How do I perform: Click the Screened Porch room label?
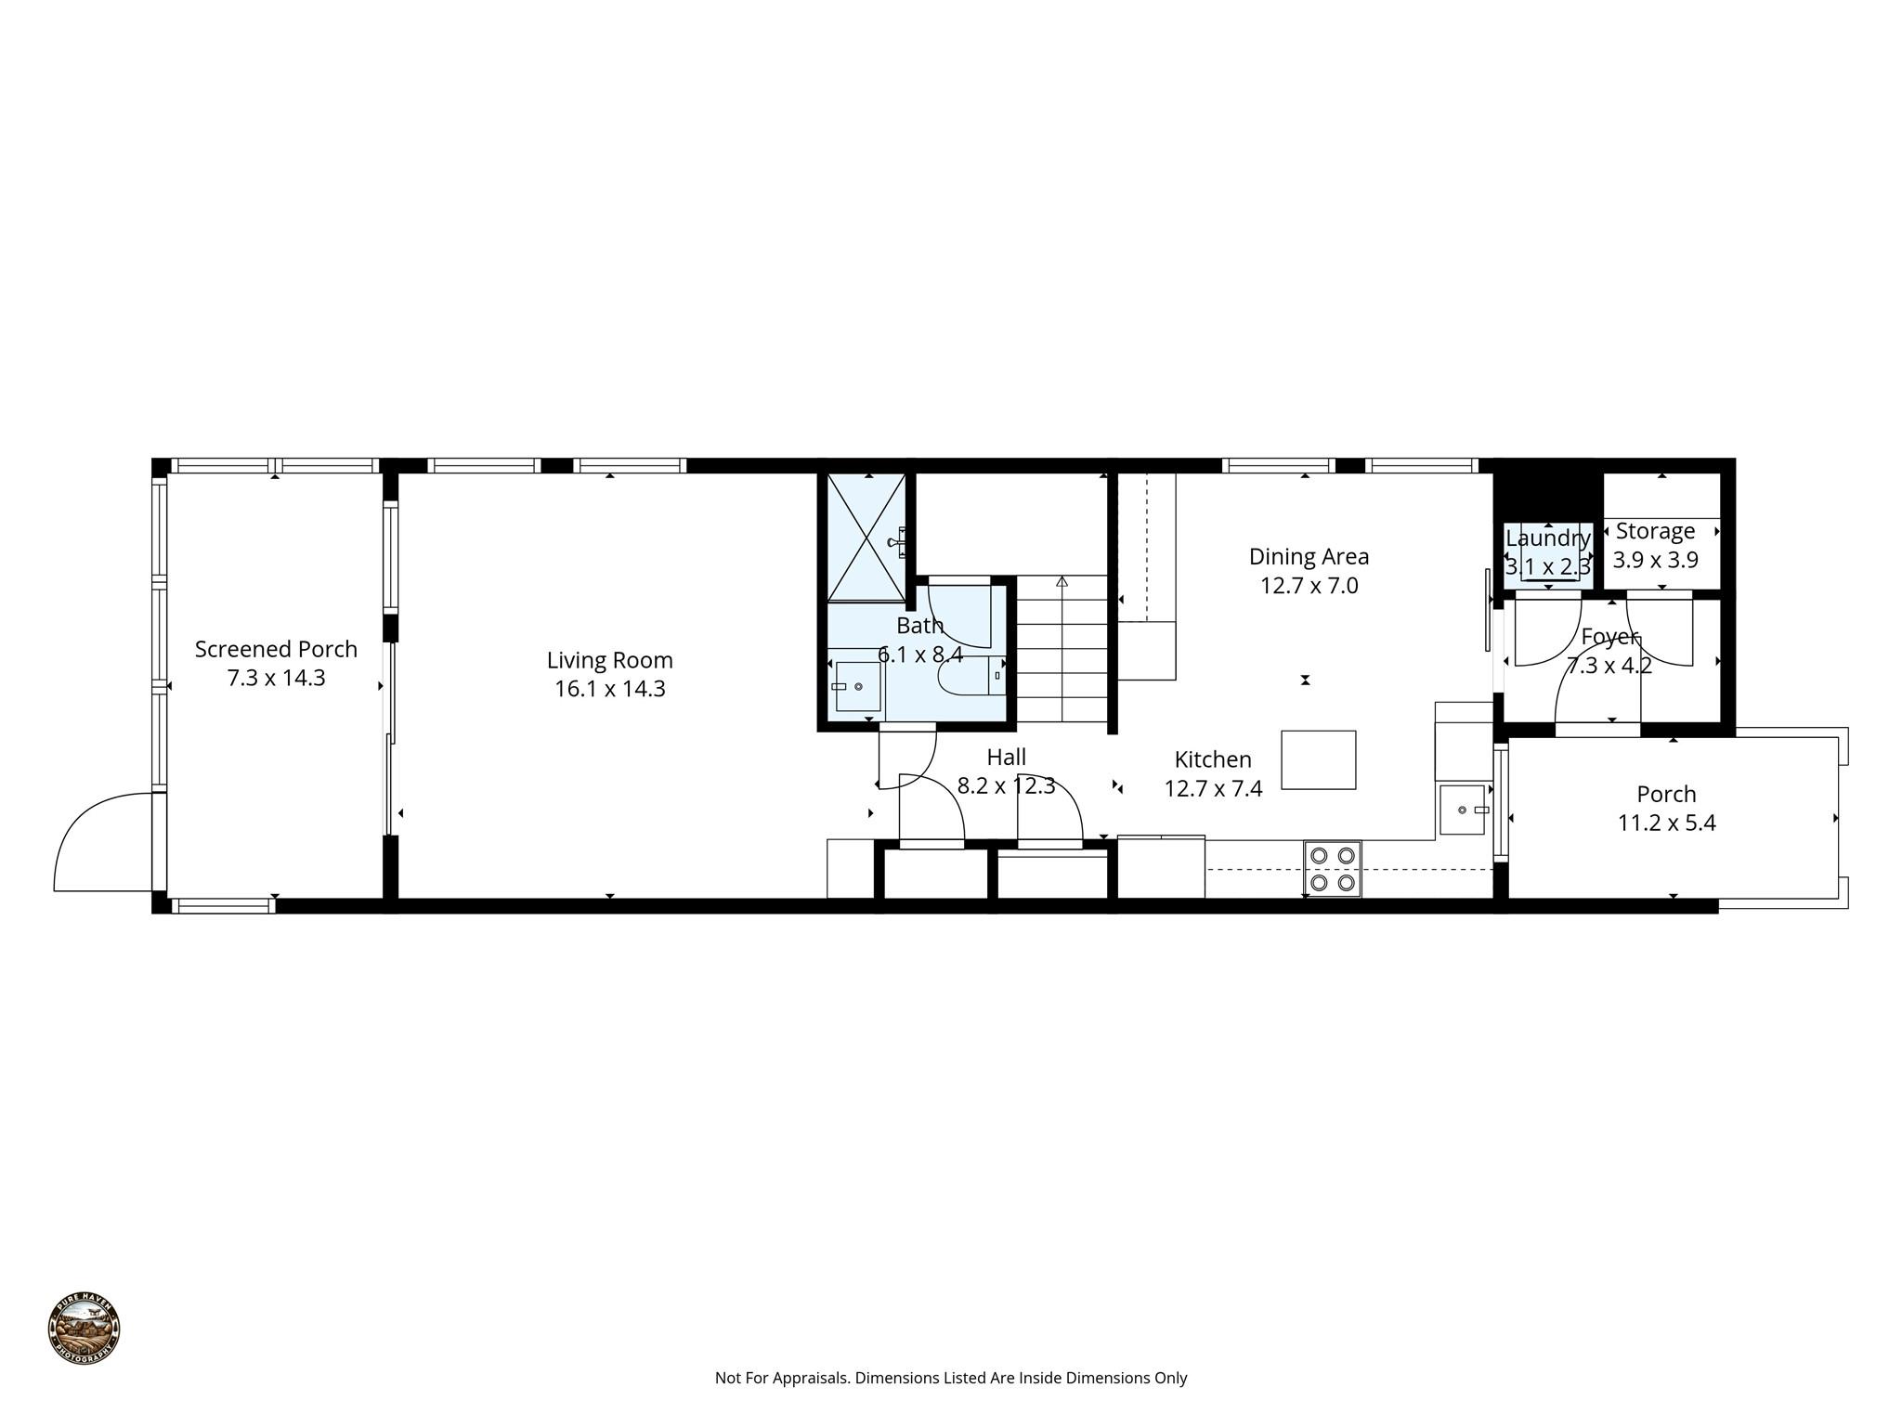(x=276, y=649)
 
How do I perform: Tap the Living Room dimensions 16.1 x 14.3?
(x=610, y=689)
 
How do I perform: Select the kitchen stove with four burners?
(x=1332, y=869)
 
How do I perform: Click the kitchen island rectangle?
(x=1319, y=759)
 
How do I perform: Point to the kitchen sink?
(x=1463, y=810)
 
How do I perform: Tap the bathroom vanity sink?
(x=857, y=686)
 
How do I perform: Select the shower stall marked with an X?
(x=866, y=538)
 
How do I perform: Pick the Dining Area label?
(x=1309, y=556)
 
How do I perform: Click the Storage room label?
(x=1655, y=531)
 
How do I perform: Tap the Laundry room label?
(x=1548, y=538)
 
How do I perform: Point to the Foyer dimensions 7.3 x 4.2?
(x=1609, y=666)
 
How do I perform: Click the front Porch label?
(x=1666, y=794)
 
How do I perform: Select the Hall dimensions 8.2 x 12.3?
(x=1006, y=786)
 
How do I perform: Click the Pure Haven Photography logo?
(x=85, y=1329)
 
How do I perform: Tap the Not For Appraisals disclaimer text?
(x=951, y=1378)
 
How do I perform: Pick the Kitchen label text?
(x=1213, y=759)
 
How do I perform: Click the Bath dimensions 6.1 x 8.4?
(x=920, y=655)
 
